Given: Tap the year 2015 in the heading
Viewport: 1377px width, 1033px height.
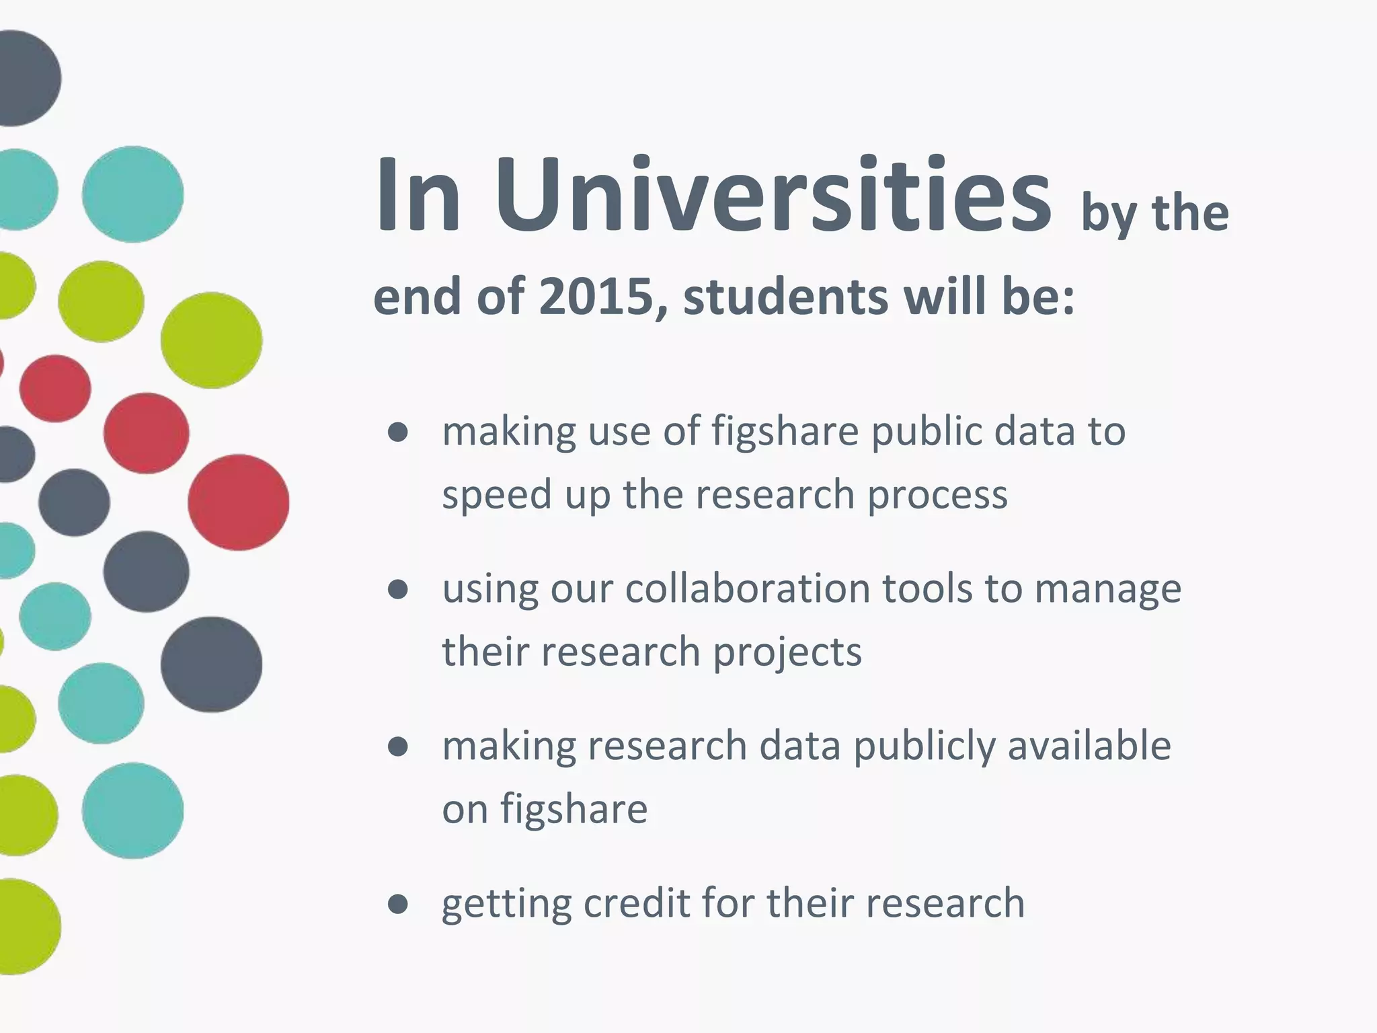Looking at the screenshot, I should pos(596,297).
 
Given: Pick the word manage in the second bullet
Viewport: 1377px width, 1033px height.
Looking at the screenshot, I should pos(1107,589).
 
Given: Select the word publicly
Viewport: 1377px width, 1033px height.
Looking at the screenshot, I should pos(924,747).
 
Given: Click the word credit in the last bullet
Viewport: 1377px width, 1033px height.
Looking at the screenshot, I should pos(636,903).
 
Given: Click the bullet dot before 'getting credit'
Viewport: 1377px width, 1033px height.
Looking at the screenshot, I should pos(398,905).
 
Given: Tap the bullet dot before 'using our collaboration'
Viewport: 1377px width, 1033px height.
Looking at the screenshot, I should pos(398,590).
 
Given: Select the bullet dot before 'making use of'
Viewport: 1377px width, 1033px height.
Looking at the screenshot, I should pos(398,432).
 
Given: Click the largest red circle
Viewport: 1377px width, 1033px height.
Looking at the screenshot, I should pos(238,502).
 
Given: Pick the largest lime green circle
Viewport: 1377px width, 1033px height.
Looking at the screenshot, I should pos(211,340).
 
